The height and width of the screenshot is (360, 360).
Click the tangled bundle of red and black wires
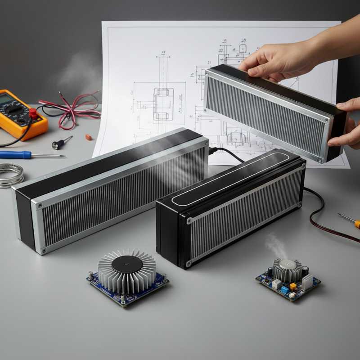point(72,108)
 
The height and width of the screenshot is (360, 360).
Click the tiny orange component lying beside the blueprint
point(89,137)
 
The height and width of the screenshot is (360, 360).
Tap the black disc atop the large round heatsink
point(126,265)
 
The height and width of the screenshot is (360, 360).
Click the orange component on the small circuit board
point(293,286)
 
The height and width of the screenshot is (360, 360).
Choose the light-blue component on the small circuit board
point(284,290)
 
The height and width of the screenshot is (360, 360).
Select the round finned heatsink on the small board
point(287,269)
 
